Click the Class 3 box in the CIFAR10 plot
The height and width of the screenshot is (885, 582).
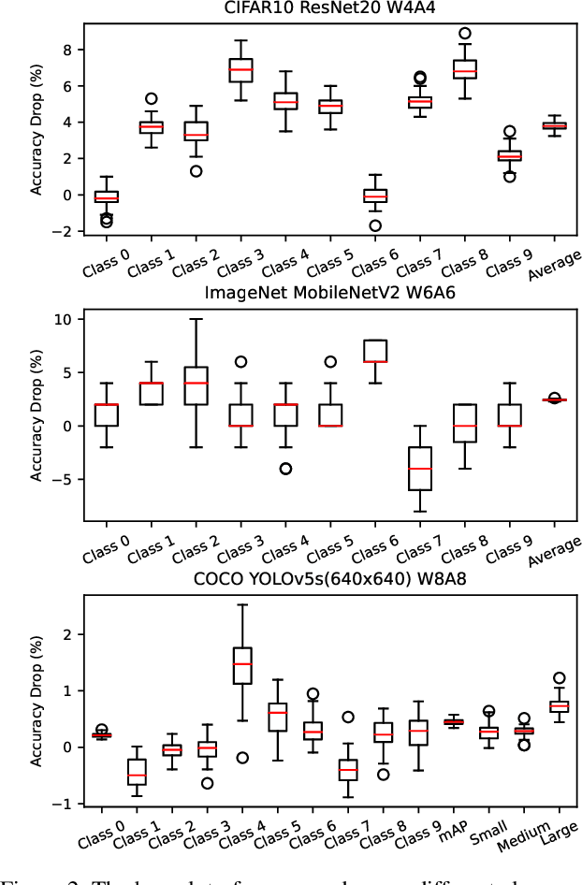(x=240, y=69)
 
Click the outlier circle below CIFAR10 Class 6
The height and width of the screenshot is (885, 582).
(x=375, y=225)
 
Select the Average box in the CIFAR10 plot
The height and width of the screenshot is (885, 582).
(x=554, y=125)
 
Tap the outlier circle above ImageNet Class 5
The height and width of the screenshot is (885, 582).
(x=330, y=361)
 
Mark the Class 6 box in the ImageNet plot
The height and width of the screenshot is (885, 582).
(x=375, y=351)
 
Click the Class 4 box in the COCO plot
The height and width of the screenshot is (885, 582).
(x=240, y=665)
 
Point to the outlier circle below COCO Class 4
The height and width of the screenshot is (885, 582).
(x=240, y=758)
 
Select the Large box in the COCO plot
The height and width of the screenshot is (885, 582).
(x=559, y=706)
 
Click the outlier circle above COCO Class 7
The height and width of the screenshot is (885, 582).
(x=347, y=718)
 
